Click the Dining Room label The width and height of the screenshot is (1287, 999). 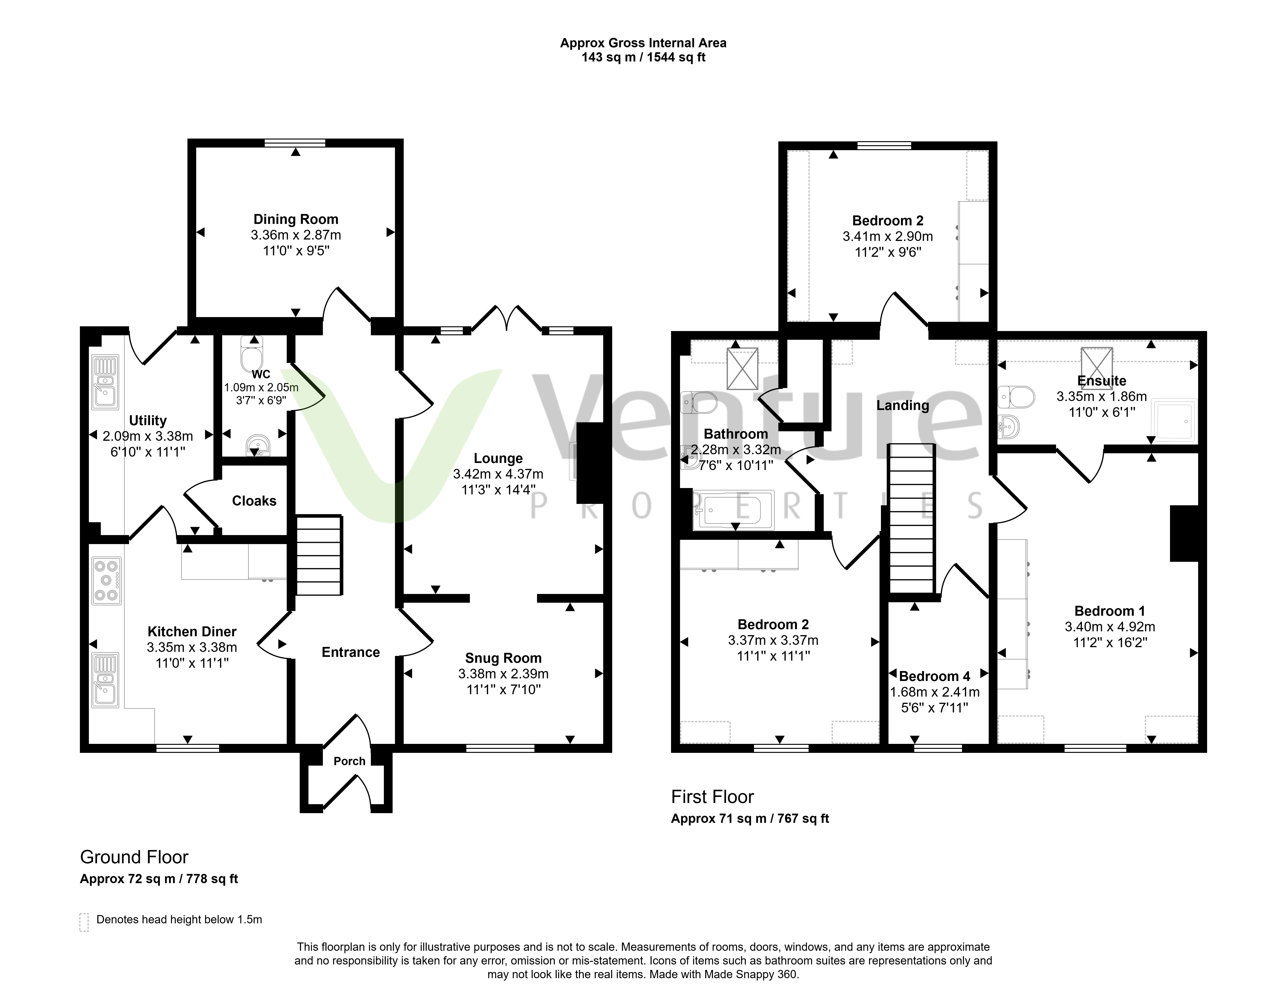[296, 219]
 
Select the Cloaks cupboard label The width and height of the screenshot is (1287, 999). [254, 501]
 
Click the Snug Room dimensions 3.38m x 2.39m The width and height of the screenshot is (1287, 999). [503, 674]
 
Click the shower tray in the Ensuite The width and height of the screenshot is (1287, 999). [1176, 421]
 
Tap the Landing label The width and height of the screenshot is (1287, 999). [902, 406]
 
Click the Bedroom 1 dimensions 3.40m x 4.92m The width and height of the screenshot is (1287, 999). [1110, 627]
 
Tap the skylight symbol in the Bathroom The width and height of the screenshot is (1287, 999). [742, 369]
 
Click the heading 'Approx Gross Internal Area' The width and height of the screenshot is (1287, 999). [643, 43]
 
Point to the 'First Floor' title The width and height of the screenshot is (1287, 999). [712, 797]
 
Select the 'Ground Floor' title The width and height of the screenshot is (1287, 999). [134, 857]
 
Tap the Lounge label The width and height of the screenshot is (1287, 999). [498, 458]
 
